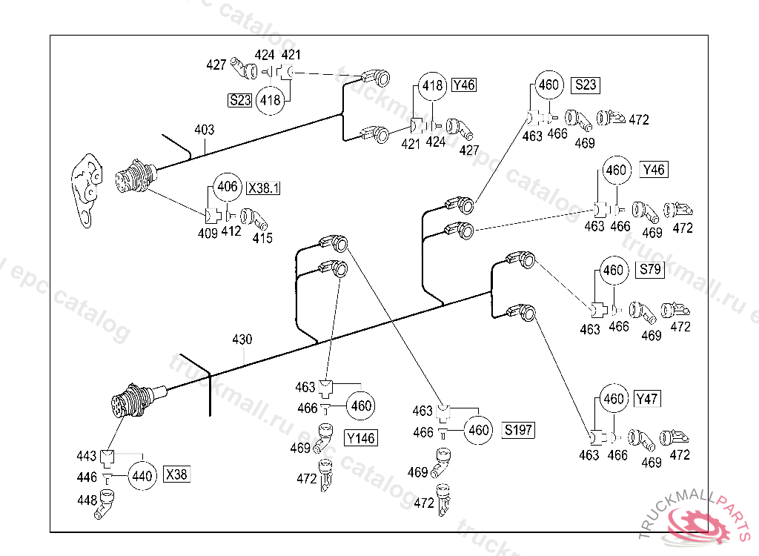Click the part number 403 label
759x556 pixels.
tap(205, 130)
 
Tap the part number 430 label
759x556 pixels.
tap(242, 340)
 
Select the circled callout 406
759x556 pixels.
tap(228, 188)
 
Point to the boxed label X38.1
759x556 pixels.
tap(264, 188)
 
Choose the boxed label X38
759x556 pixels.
tap(176, 474)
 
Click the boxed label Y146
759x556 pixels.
tap(361, 438)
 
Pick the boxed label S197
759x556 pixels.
tap(518, 429)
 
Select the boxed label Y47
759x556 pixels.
tap(647, 399)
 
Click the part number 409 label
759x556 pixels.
tap(208, 234)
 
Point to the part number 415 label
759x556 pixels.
tap(262, 238)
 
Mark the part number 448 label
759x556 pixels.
tap(87, 500)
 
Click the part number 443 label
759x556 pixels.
tap(87, 455)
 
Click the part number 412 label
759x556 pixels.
tap(231, 232)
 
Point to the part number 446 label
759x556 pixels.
tap(87, 477)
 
